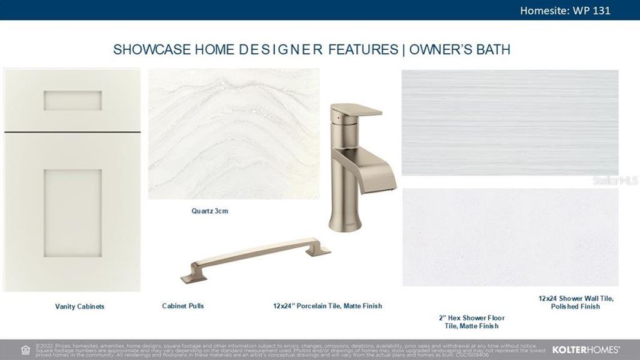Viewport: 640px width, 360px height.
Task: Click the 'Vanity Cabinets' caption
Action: point(80,307)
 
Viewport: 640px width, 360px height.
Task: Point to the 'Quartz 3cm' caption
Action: point(209,211)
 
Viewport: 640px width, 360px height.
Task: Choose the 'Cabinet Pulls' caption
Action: point(183,306)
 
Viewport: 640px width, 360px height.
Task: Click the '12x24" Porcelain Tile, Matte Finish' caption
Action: point(327,306)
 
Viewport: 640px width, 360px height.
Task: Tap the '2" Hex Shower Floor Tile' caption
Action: point(471,322)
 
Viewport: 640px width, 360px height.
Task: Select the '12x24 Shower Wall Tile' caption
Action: point(575,302)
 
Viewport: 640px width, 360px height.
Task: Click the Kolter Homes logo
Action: point(585,349)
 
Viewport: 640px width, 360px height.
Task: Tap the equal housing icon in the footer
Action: point(25,350)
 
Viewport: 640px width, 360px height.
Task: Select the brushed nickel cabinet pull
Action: point(256,257)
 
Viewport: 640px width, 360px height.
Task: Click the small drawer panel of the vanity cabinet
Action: point(72,100)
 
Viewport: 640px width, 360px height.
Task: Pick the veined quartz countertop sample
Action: point(233,133)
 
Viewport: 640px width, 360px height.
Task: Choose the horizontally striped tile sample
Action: point(509,122)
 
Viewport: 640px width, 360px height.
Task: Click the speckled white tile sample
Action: point(509,238)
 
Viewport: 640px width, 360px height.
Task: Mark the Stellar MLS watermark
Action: point(615,180)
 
